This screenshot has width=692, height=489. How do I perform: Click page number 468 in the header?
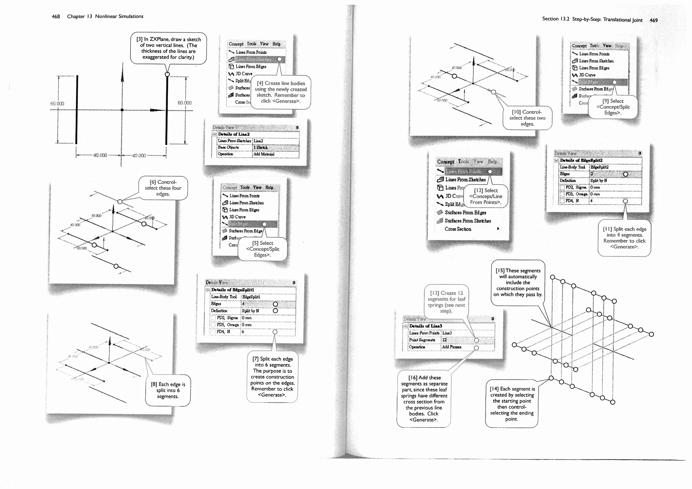pyautogui.click(x=56, y=17)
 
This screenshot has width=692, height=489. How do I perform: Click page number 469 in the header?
pyautogui.click(x=653, y=20)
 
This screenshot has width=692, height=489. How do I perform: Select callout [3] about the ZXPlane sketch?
pyautogui.click(x=168, y=48)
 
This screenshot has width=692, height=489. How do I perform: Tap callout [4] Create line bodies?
pyautogui.click(x=281, y=92)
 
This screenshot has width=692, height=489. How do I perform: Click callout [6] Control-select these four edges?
pyautogui.click(x=163, y=188)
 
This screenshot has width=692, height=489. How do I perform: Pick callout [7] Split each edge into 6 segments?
pyautogui.click(x=272, y=377)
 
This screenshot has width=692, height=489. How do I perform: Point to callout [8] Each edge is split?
pyautogui.click(x=168, y=390)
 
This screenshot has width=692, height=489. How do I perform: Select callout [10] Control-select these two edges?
pyautogui.click(x=527, y=118)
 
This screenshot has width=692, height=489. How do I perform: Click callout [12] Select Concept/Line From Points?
pyautogui.click(x=486, y=196)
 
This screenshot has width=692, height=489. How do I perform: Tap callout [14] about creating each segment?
pyautogui.click(x=512, y=404)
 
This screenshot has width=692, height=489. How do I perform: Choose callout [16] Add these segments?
pyautogui.click(x=424, y=399)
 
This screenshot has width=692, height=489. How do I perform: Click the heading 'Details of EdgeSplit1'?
pyautogui.click(x=232, y=290)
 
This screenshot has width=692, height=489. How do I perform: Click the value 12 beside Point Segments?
pyautogui.click(x=445, y=340)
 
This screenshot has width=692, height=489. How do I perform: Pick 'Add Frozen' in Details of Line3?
pyautogui.click(x=451, y=347)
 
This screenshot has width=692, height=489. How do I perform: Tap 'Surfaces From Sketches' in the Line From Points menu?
pyautogui.click(x=468, y=221)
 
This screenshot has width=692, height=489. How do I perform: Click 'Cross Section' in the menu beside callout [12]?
pyautogui.click(x=458, y=229)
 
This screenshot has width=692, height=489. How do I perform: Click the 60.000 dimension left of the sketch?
pyautogui.click(x=57, y=104)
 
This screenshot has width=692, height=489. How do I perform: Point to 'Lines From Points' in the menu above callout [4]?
pyautogui.click(x=251, y=52)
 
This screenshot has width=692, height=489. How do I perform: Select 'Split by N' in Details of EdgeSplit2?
pyautogui.click(x=598, y=181)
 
